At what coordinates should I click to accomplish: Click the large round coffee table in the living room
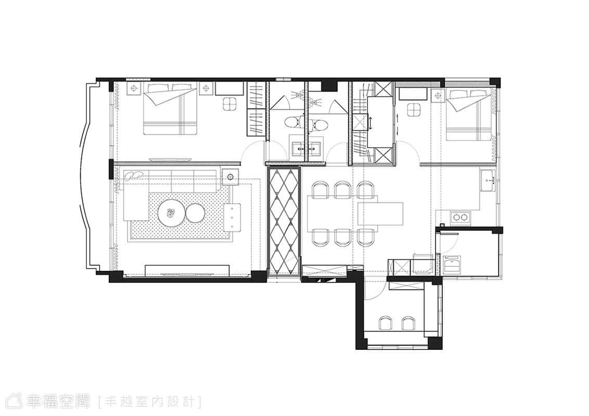pyautogui.click(x=171, y=213)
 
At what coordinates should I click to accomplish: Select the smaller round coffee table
pyautogui.click(x=195, y=213)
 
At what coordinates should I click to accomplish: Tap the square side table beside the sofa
pyautogui.click(x=230, y=177)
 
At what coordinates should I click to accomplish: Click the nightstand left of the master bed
pyautogui.click(x=134, y=89)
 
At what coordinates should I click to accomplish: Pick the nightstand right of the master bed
pyautogui.click(x=206, y=89)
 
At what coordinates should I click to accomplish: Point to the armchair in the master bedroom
pyautogui.click(x=229, y=103)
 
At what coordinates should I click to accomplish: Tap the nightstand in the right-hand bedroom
pyautogui.click(x=438, y=96)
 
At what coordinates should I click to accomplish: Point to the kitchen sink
pyautogui.click(x=487, y=180)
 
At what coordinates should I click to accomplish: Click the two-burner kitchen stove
pyautogui.click(x=461, y=217)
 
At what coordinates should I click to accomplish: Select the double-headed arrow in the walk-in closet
pyautogui.click(x=370, y=124)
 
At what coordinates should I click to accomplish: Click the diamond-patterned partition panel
pyautogui.click(x=284, y=223)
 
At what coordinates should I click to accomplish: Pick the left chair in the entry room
pyautogui.click(x=386, y=323)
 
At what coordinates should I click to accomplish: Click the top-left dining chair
pyautogui.click(x=320, y=189)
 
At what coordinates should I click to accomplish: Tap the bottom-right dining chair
pyautogui.click(x=366, y=237)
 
